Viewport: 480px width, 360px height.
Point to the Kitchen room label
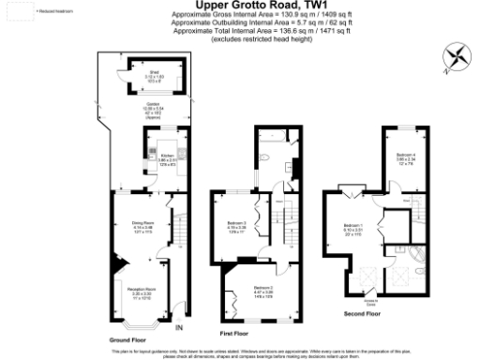(x=168, y=157)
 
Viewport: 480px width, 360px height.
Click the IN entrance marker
(x=178, y=327)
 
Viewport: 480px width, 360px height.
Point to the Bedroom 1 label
(x=353, y=227)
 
